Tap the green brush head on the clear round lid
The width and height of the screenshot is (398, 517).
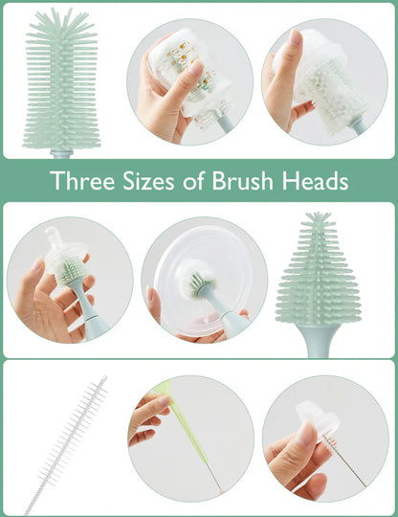[x=199, y=284]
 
